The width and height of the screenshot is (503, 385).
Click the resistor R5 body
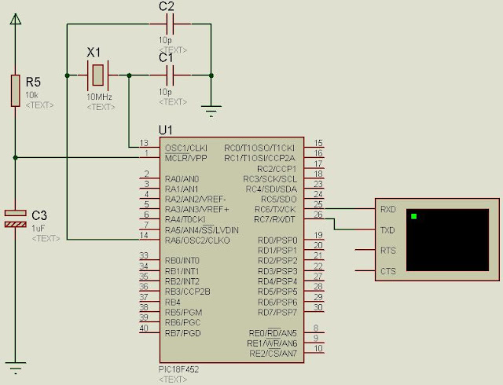14,90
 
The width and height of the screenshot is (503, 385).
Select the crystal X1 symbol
95,75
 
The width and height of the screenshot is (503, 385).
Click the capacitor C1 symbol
166,75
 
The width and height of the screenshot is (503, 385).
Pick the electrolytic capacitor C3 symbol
14,218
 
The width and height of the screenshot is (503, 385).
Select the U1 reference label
165,130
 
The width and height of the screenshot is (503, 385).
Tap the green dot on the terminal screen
414,216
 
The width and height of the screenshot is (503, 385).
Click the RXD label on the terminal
387,210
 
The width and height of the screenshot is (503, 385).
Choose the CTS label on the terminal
387,271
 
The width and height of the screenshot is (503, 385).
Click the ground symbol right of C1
211,108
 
